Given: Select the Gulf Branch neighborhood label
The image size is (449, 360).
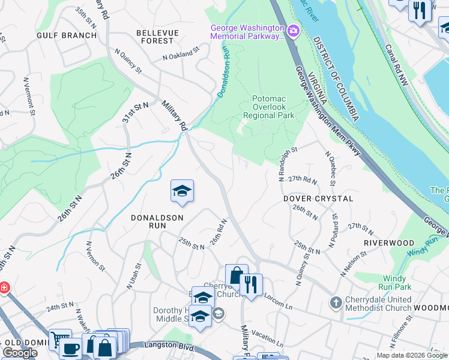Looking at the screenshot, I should pyautogui.click(x=67, y=35).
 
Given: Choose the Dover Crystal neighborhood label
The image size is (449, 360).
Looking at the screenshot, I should pyautogui.click(x=318, y=198).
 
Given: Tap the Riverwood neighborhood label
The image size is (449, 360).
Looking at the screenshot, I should pyautogui.click(x=389, y=242).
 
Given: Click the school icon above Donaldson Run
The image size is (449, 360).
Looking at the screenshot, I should pyautogui.click(x=182, y=191).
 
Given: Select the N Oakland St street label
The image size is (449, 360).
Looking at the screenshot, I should pyautogui.click(x=181, y=55).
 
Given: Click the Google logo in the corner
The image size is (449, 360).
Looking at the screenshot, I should pyautogui.click(x=20, y=353).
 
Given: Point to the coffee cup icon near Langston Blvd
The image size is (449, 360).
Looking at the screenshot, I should pyautogui.click(x=70, y=349).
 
